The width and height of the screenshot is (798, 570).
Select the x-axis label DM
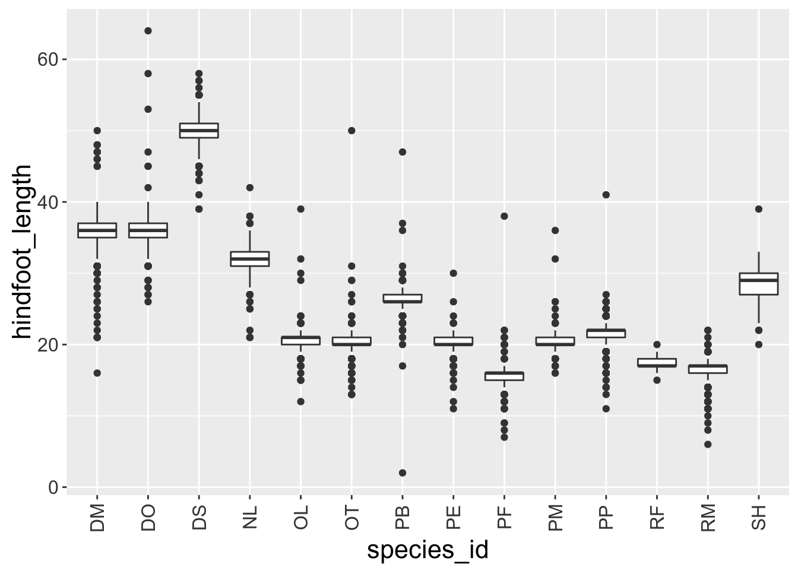click(x=97, y=517)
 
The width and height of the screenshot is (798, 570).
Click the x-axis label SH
click(x=759, y=518)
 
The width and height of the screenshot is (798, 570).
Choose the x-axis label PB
click(x=403, y=518)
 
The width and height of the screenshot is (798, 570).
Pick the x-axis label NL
click(x=250, y=518)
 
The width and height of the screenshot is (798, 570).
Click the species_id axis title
click(x=427, y=550)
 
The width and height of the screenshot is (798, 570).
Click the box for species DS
click(x=199, y=131)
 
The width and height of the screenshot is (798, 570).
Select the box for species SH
click(x=759, y=284)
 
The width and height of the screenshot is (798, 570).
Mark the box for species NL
click(x=250, y=259)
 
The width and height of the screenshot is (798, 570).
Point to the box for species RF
click(x=657, y=363)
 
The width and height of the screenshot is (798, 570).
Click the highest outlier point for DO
click(x=148, y=31)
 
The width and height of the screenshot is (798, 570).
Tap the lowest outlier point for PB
click(x=403, y=473)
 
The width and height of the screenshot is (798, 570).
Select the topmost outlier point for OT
click(x=351, y=131)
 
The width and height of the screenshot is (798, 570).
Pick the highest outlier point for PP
click(x=606, y=195)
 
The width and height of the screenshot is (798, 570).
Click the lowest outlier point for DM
click(x=97, y=373)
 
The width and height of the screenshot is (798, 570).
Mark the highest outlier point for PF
click(x=504, y=216)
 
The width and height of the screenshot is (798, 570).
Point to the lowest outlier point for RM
click(x=708, y=444)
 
